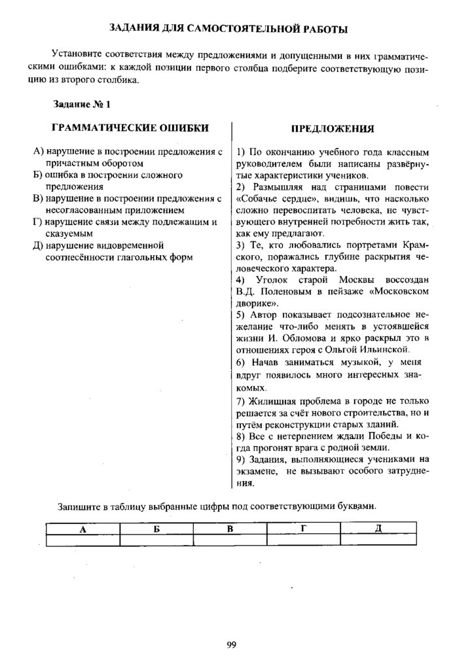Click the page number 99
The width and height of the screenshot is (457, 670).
tap(231, 644)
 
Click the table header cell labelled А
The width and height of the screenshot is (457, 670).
tap(83, 529)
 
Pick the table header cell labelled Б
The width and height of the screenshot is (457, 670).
tap(157, 529)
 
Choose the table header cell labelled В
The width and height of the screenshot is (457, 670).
tap(230, 529)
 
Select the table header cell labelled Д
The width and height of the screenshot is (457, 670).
tap(378, 529)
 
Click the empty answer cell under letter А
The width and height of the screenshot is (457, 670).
tap(83, 540)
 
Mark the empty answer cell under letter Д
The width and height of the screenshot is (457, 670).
tap(378, 540)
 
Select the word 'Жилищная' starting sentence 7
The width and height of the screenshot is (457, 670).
tap(268, 400)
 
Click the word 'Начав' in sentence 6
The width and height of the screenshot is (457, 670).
tap(263, 362)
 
